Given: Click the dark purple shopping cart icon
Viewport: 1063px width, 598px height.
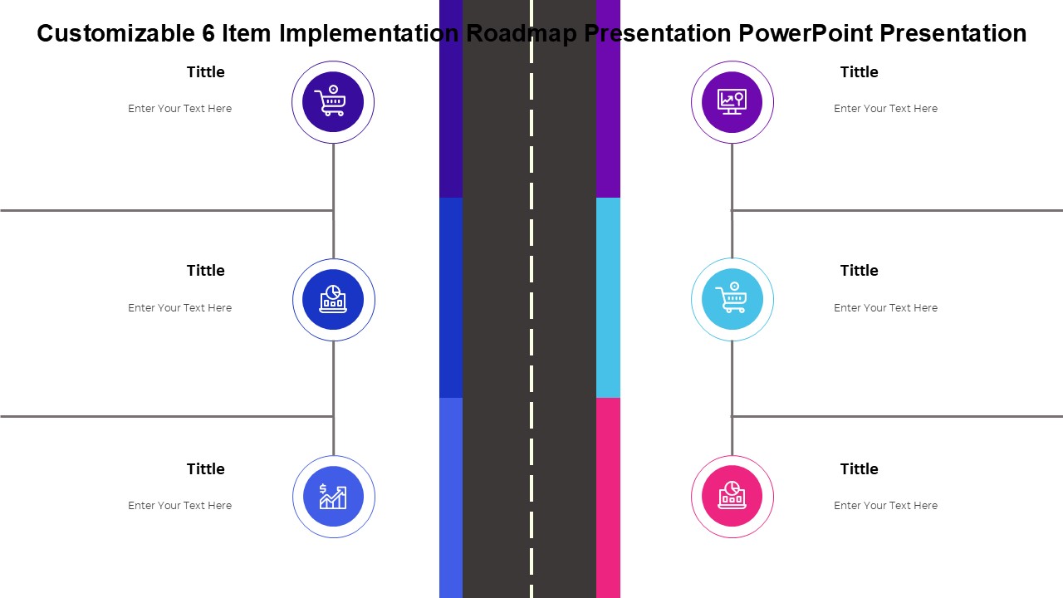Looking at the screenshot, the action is tap(331, 100).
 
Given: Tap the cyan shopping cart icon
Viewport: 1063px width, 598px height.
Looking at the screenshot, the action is tap(732, 297).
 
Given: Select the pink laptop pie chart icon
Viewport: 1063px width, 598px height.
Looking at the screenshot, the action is tap(732, 495).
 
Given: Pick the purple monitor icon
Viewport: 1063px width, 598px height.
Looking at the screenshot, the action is tap(732, 101).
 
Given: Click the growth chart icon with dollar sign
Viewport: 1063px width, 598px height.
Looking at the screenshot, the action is tap(333, 497).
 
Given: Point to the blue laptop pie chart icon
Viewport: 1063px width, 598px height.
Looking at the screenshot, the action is tap(333, 299).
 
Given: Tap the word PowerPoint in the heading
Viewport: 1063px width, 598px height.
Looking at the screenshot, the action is tap(806, 33).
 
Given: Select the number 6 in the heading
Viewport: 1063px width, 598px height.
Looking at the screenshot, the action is tap(208, 33).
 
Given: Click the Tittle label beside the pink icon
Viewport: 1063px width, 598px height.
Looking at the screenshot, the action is tap(859, 469).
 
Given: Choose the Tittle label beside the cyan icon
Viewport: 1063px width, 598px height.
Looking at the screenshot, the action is tap(859, 271).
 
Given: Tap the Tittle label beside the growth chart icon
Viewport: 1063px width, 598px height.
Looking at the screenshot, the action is tap(205, 469).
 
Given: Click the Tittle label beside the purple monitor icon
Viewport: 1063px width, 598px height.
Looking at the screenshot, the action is tap(859, 72).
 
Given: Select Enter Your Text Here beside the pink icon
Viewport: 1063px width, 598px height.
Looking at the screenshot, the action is tap(885, 506).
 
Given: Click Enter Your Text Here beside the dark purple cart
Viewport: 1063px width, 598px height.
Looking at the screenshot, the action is tap(180, 109).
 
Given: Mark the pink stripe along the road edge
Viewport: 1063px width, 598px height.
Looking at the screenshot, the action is tap(608, 498).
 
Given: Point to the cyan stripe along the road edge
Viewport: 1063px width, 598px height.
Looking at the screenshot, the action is tap(608, 297).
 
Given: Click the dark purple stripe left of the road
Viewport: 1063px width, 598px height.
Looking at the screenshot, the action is tap(451, 99).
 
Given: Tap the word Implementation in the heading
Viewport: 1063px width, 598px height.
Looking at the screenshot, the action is tap(369, 33).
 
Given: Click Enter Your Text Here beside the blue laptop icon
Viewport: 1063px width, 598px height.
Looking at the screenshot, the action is tap(180, 308).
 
